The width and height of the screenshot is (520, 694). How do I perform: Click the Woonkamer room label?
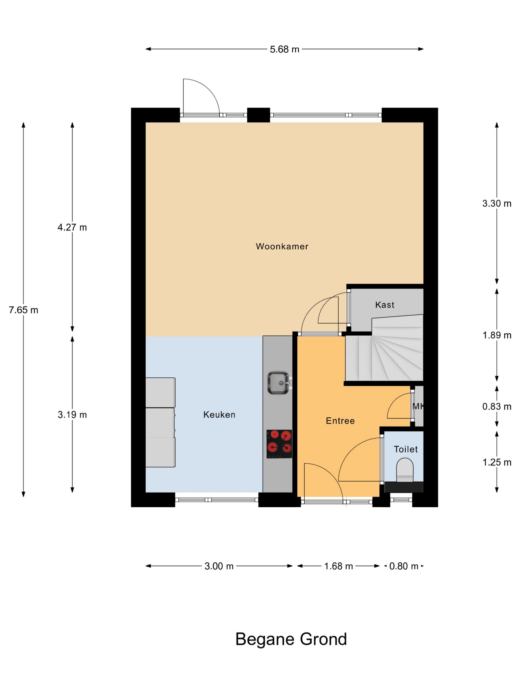tap(282, 246)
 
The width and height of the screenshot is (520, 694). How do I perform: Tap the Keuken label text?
tap(219, 414)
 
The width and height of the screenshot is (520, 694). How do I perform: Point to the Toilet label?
tap(406, 449)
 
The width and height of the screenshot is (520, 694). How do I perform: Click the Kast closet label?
tap(385, 305)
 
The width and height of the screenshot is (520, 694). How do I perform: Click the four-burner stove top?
tap(279, 444)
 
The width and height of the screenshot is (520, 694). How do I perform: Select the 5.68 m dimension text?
tap(285, 49)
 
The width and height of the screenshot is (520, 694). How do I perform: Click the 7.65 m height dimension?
tap(24, 310)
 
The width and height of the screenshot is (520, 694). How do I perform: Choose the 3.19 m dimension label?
tap(72, 415)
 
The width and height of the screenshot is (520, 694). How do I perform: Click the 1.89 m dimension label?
tap(497, 335)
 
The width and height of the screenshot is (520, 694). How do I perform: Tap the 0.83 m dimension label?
tap(497, 407)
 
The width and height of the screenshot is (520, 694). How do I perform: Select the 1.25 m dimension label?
tap(497, 462)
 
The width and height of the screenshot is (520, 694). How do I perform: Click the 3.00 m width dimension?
tap(219, 566)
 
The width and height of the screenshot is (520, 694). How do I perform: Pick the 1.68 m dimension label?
tap(338, 566)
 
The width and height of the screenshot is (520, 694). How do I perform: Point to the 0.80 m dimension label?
tap(404, 566)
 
